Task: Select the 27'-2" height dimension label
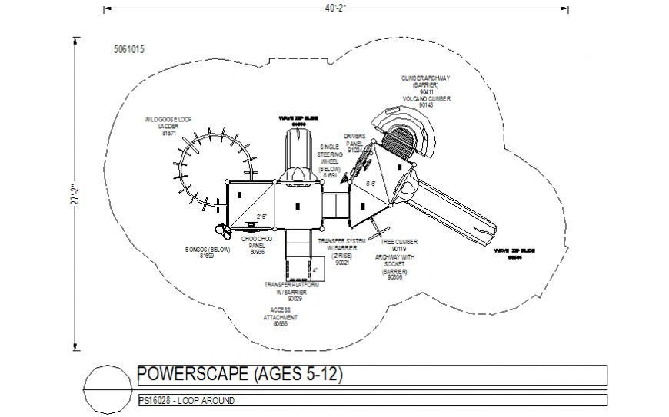[75, 195]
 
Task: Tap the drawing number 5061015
[128, 49]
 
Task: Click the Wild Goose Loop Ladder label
[168, 126]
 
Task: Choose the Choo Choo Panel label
[257, 245]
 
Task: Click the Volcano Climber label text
[425, 99]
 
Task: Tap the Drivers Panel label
[354, 142]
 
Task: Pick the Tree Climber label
[398, 244]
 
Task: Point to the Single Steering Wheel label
[330, 161]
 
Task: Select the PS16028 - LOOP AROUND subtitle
[186, 401]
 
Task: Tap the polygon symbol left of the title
[105, 389]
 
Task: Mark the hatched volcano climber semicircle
[398, 141]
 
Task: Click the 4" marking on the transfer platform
[315, 270]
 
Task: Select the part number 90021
[342, 263]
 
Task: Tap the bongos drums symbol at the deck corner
[221, 229]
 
